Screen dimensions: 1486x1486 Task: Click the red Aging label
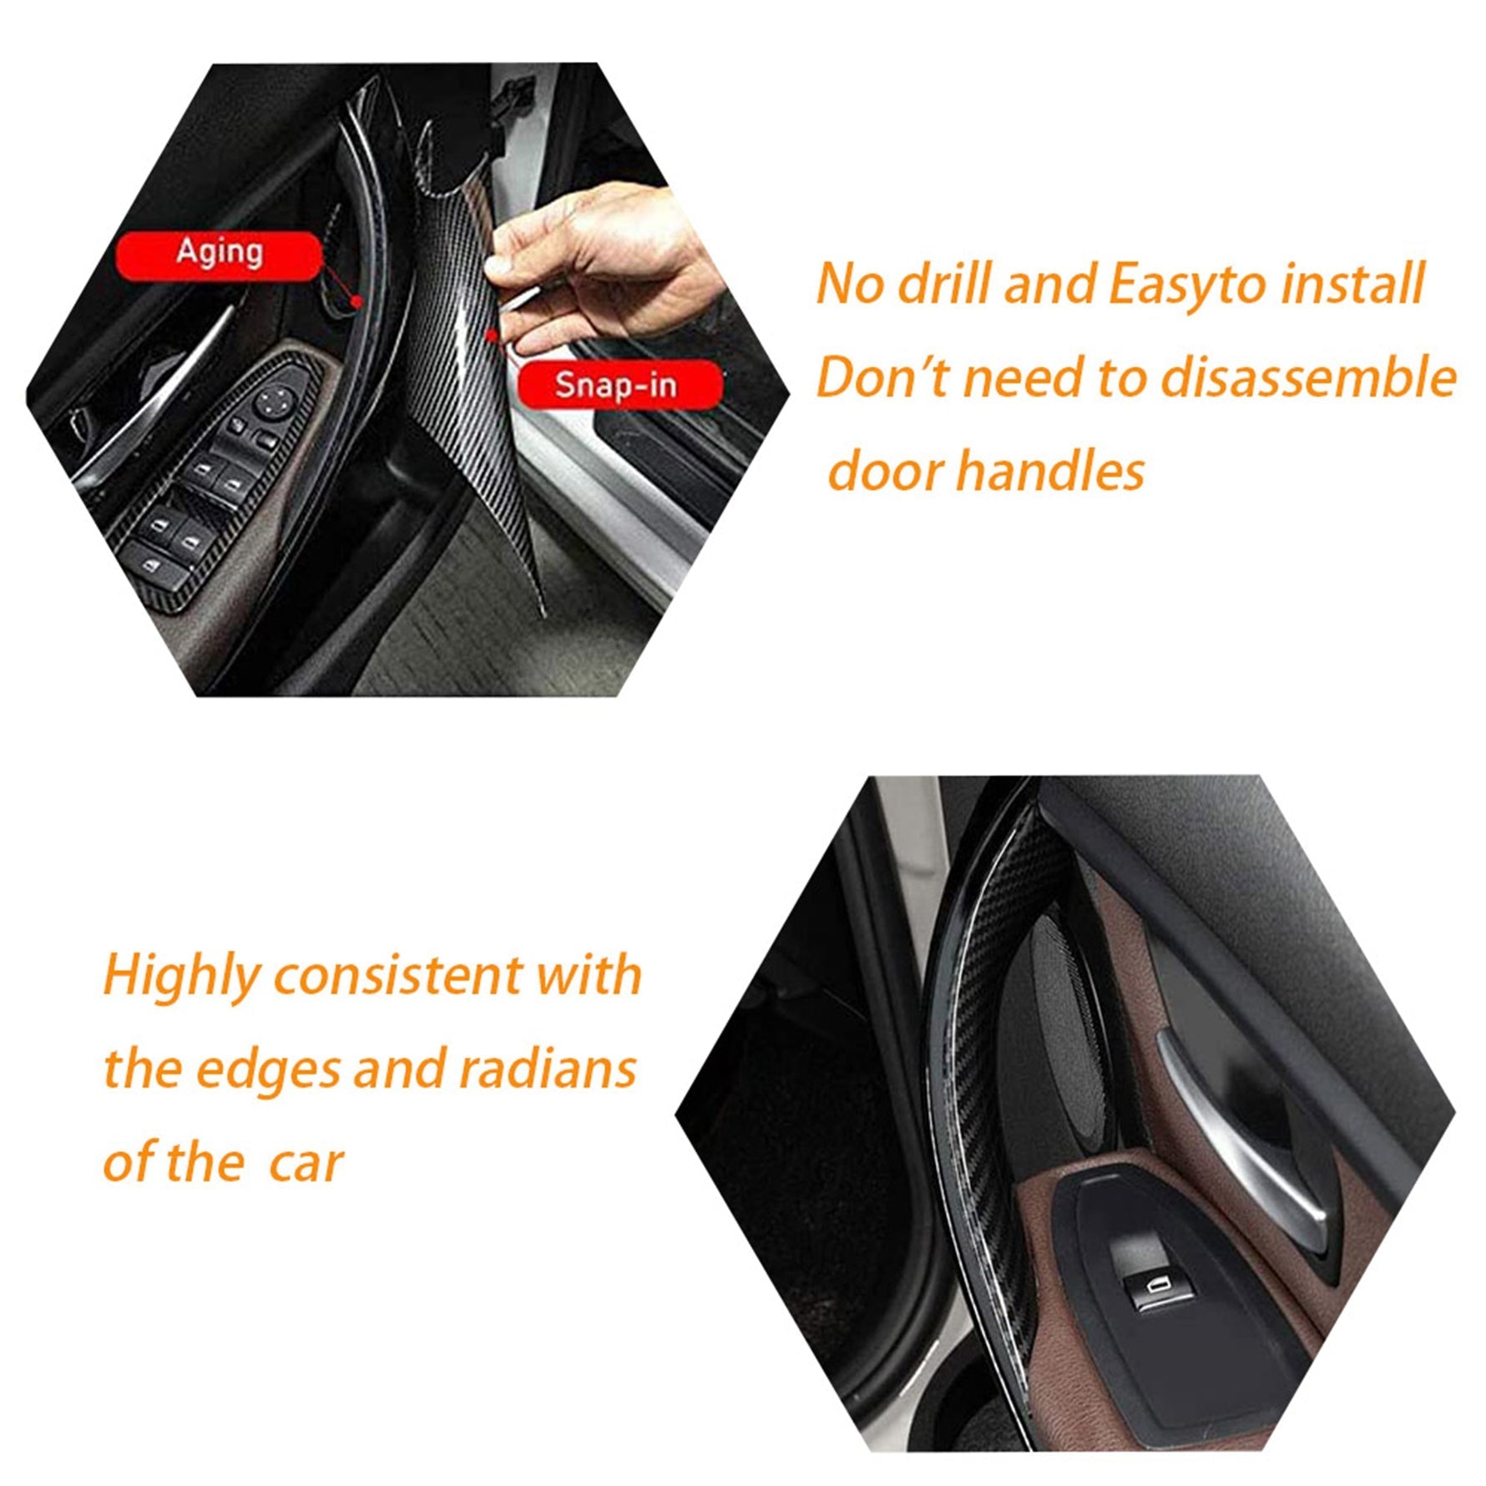[219, 255]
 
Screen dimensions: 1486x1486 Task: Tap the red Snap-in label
[619, 385]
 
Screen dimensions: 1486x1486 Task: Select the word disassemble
[1309, 377]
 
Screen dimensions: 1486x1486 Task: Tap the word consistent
[398, 976]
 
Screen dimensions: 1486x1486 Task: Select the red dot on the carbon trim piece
[493, 336]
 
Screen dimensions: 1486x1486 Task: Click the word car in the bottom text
[306, 1164]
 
